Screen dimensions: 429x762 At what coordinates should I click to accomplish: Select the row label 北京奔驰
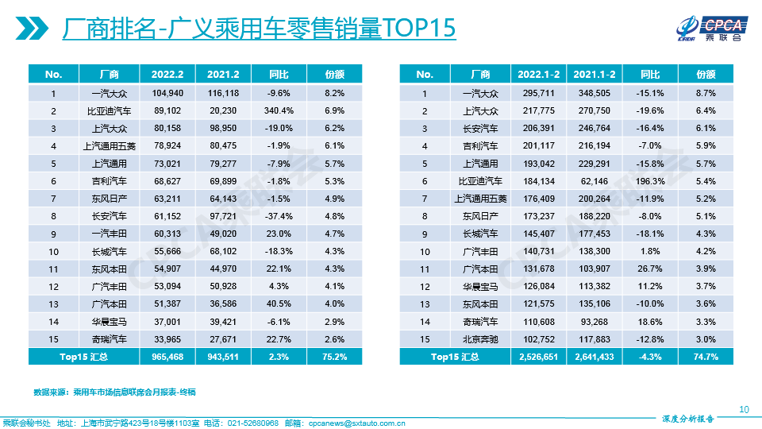coord(480,339)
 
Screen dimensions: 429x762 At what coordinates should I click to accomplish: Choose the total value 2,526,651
coord(539,357)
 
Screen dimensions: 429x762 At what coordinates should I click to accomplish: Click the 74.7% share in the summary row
coord(706,357)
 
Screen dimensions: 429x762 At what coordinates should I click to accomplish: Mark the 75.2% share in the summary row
coord(334,357)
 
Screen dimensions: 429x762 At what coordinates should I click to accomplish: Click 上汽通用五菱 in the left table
coord(109,145)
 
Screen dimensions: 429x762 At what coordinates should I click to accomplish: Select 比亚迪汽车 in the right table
coord(480,180)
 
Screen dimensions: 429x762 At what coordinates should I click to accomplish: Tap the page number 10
coord(744,409)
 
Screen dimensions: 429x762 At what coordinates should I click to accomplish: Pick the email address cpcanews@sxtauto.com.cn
coord(356,423)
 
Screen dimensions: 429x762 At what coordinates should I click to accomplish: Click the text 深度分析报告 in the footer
coord(687,418)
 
